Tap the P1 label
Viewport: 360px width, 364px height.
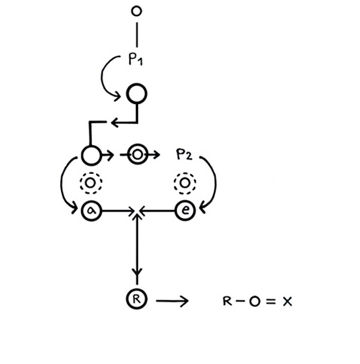[135, 59]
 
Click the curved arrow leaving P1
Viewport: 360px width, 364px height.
[102, 76]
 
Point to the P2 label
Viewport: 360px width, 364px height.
[184, 154]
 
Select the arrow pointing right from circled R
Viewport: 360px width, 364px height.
[172, 301]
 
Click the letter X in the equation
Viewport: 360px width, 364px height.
[287, 302]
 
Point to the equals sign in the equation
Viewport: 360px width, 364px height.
[271, 301]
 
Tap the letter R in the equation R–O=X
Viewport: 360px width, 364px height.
[227, 301]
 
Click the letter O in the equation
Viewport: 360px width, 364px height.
[255, 302]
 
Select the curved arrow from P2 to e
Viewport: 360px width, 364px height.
[215, 181]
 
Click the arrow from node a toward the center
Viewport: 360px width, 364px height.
[118, 211]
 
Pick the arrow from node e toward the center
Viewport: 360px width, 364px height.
[157, 211]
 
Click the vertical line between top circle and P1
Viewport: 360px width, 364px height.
[137, 35]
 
